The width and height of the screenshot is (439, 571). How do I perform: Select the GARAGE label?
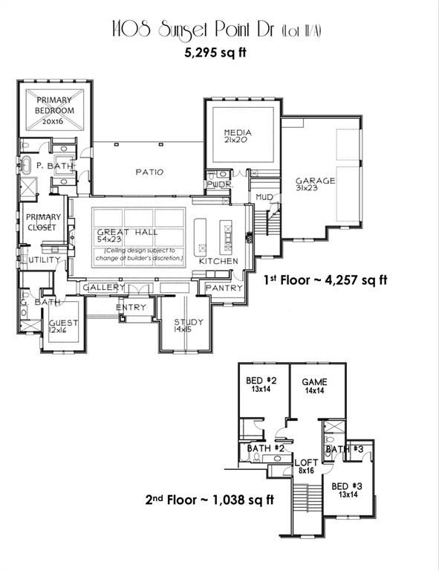pos(315,181)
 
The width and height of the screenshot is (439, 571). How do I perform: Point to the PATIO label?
pos(149,172)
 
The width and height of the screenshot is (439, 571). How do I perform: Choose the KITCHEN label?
pos(218,261)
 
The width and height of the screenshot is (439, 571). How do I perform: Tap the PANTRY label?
pos(224,288)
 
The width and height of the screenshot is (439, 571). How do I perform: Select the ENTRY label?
pos(131,307)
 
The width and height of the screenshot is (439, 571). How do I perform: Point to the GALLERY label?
pos(103,287)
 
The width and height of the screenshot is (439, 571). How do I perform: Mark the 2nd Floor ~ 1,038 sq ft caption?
pos(209,500)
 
